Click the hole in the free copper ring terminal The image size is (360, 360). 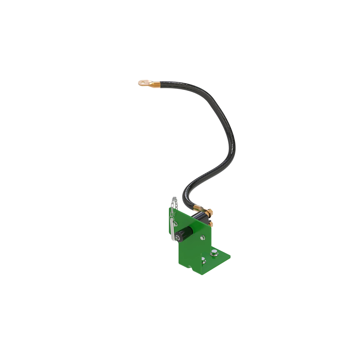click(143, 82)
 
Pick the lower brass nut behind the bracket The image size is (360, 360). click(211, 223)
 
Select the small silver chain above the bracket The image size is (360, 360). click(174, 202)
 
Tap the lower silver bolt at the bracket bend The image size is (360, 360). click(204, 260)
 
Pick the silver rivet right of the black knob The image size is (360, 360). click(202, 238)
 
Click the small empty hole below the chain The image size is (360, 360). click(175, 214)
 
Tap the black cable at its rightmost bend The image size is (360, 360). click(233, 147)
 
